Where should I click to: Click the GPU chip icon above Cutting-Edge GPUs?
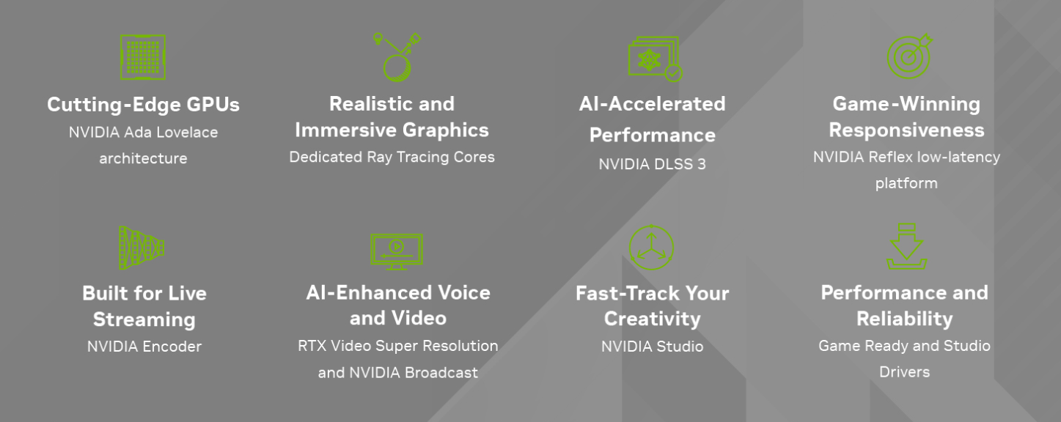(143, 57)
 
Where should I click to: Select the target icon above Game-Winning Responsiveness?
(909, 56)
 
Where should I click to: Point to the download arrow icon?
(906, 246)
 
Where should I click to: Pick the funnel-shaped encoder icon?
(142, 248)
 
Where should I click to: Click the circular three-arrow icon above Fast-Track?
(651, 248)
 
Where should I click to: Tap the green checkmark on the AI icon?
(674, 73)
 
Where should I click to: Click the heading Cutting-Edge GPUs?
(143, 105)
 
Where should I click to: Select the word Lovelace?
(187, 133)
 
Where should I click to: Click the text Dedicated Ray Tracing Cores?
(392, 157)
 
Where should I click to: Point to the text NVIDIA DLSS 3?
(653, 164)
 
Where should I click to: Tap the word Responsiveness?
(906, 130)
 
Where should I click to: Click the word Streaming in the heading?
(144, 319)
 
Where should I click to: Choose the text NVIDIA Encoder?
(144, 347)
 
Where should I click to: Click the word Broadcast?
(441, 373)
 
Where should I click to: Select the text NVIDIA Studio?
(653, 347)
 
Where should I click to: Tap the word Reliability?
(905, 319)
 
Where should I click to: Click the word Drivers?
(905, 372)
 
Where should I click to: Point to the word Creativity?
(653, 319)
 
